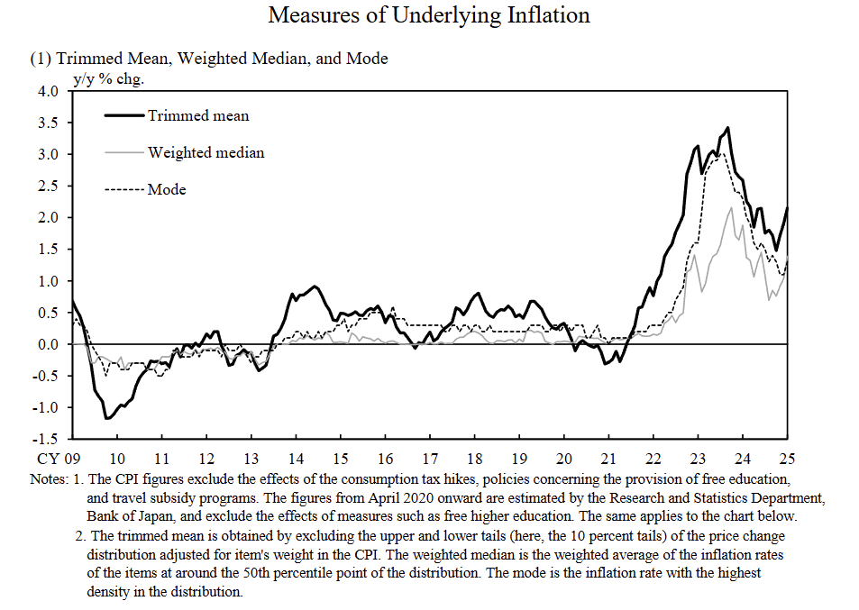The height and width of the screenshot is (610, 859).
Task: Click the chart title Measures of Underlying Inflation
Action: pos(429,15)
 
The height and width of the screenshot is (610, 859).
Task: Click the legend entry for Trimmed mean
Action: pos(198,115)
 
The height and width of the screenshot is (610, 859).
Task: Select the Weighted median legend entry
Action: pos(206,152)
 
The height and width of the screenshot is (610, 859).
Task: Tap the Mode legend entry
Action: pos(167,189)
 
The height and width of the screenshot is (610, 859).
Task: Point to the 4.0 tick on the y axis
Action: pos(48,91)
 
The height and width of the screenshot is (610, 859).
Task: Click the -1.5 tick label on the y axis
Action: pos(46,439)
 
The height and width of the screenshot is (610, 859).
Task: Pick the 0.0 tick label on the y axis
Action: pos(48,344)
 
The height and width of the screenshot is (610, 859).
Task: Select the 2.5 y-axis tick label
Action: pos(48,186)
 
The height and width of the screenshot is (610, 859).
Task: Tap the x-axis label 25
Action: pos(787,458)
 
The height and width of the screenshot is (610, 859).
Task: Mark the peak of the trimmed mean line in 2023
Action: pos(727,128)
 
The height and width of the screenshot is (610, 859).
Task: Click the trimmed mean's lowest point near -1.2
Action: pos(106,418)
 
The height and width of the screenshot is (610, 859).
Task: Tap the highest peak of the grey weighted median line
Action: pos(731,208)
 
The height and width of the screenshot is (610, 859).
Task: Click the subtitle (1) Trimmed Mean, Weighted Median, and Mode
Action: pos(209,59)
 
